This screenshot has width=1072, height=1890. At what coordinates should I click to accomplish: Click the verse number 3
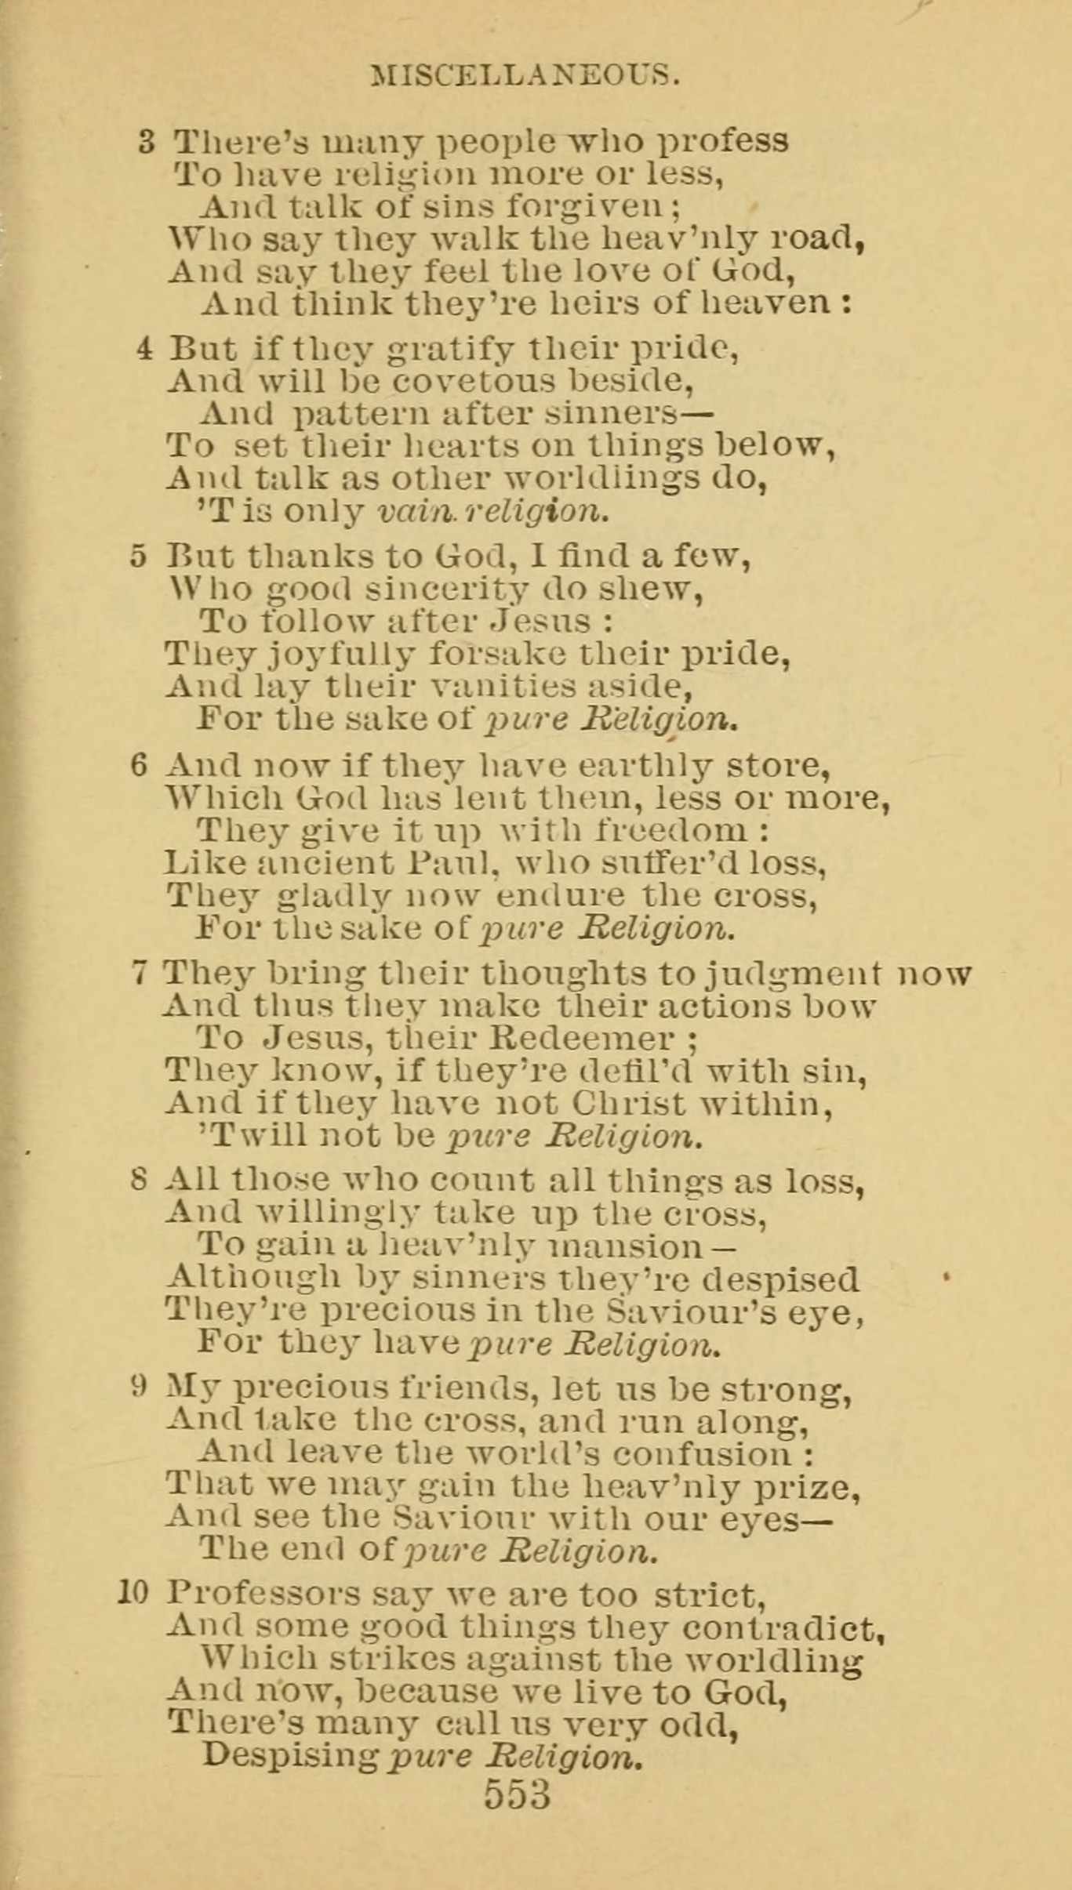pyautogui.click(x=147, y=142)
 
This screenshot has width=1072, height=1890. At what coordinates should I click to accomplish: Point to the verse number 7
pyautogui.click(x=140, y=974)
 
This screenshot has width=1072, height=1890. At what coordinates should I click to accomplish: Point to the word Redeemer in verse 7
pyautogui.click(x=581, y=1038)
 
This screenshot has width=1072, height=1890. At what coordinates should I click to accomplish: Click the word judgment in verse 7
pyautogui.click(x=793, y=974)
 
